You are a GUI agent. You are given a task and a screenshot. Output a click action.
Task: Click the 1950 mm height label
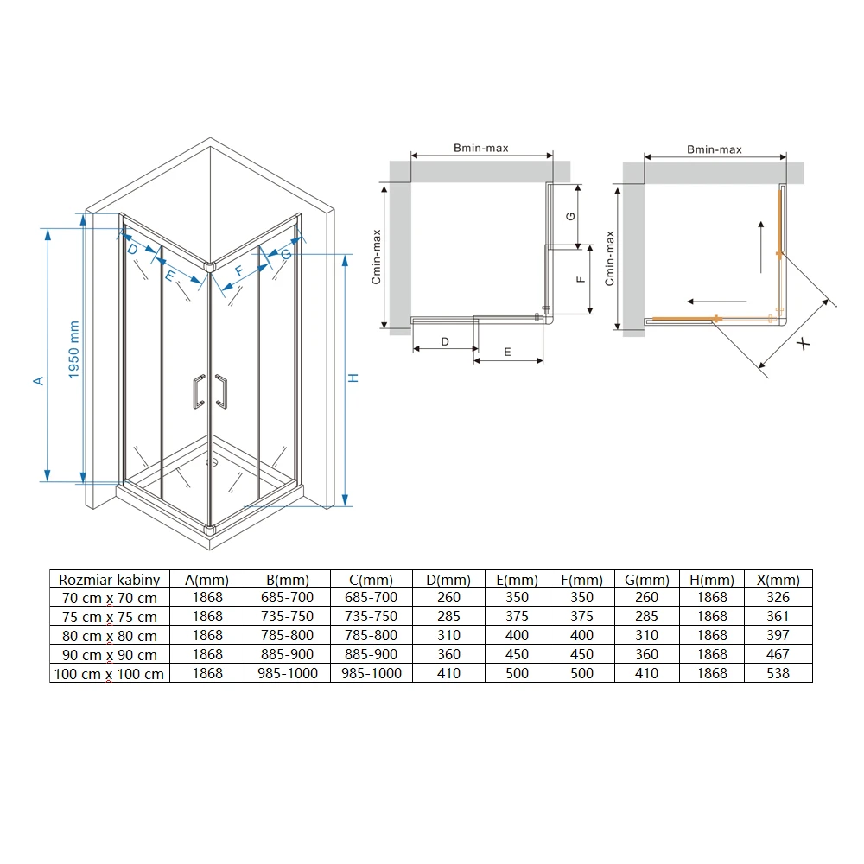click(x=73, y=350)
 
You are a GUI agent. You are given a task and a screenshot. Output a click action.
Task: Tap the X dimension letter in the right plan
click(x=804, y=345)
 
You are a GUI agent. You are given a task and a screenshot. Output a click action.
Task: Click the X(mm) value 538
click(x=778, y=673)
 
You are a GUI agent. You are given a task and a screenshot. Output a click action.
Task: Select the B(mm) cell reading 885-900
click(x=287, y=654)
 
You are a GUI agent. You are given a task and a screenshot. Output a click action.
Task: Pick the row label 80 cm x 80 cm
click(x=110, y=636)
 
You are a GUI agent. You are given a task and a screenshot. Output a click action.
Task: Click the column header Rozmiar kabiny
click(x=109, y=580)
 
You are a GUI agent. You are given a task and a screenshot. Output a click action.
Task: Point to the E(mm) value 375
click(x=517, y=616)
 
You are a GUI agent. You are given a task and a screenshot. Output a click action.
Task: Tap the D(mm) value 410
click(x=448, y=673)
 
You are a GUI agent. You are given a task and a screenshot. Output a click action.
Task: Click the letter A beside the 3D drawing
click(x=38, y=381)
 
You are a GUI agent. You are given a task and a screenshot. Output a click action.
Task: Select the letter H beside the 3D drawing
click(x=353, y=378)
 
